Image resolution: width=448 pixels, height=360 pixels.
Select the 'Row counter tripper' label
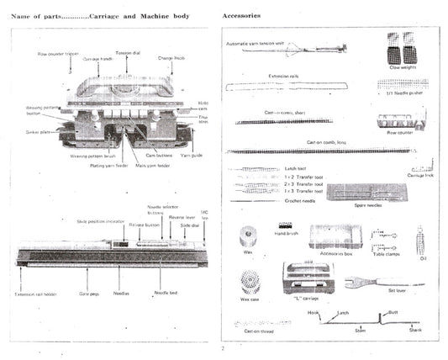(59, 55)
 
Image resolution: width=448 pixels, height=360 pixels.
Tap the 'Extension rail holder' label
(36, 294)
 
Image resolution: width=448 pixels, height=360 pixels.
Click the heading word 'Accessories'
(242, 15)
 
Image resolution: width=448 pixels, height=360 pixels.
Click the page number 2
(224, 347)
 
